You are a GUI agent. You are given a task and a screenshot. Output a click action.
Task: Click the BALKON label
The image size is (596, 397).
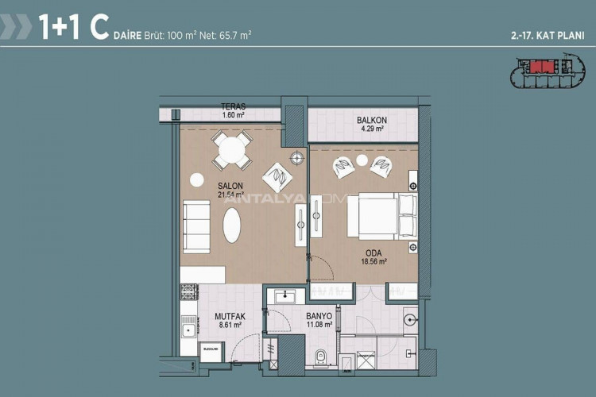point(371,121)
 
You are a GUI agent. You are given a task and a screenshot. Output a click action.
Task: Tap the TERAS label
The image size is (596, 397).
point(233,106)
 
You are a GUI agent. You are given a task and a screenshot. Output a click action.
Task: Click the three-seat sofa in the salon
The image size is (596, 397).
point(196,225)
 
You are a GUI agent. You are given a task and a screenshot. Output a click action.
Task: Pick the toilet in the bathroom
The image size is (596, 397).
point(320,357)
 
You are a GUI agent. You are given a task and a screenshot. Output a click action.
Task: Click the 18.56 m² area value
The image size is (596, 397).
point(372,262)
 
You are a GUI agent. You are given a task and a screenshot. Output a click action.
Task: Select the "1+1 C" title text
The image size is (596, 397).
point(73,29)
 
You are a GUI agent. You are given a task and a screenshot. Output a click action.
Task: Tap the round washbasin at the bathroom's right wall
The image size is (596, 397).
point(408,321)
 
